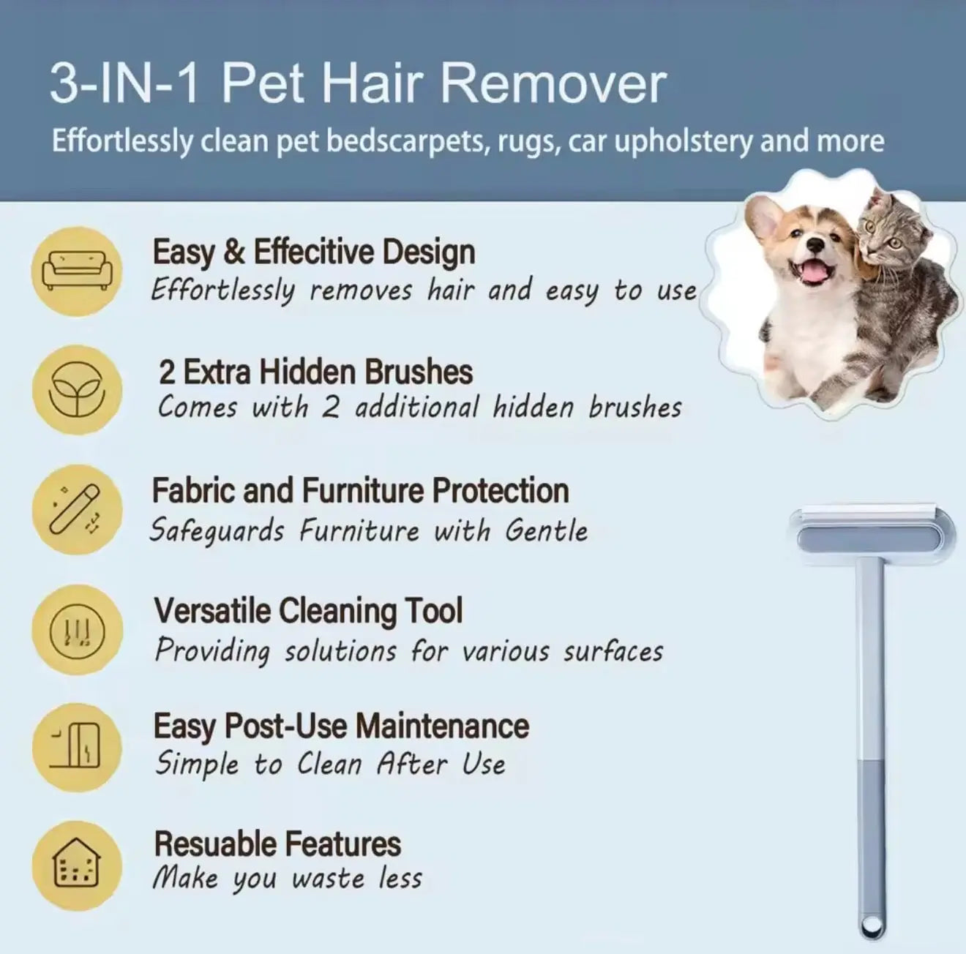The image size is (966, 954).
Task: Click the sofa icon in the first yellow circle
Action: (x=77, y=271)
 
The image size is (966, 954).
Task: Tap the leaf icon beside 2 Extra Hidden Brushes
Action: (x=76, y=390)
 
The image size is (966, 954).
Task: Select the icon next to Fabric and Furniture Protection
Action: (x=76, y=509)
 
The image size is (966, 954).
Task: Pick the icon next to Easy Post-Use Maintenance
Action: (x=76, y=748)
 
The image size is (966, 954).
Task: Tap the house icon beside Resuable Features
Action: (x=77, y=867)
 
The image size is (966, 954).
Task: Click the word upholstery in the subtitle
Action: (x=682, y=141)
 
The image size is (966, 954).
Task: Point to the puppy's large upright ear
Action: (x=763, y=218)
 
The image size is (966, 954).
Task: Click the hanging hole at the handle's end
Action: (x=869, y=929)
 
